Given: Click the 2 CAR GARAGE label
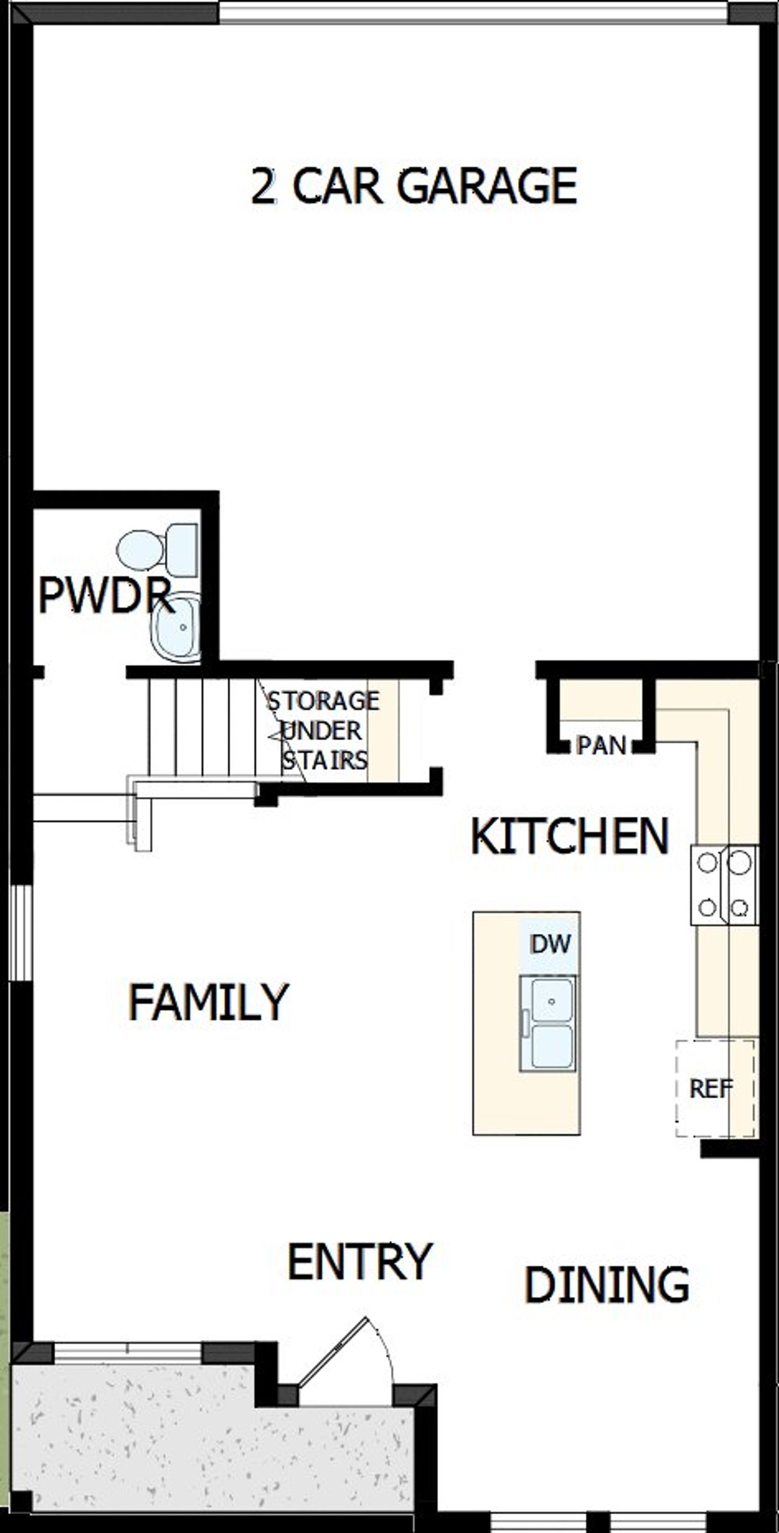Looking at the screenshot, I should pos(414,186).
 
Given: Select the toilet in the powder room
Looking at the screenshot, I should pos(157,550).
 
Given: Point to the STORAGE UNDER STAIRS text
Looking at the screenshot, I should pos(323,730).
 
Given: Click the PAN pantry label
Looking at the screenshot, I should pos(601,746).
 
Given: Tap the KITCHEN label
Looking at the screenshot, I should pos(570,837).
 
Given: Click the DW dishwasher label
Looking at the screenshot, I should pos(550,944).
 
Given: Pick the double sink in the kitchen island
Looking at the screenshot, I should pos(547,1024).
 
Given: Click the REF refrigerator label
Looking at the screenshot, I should pos(711,1089).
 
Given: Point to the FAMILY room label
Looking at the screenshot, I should pos(208,1002).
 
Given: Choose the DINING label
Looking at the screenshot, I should pos(607,1285).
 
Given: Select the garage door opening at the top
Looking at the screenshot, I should pos(473,12).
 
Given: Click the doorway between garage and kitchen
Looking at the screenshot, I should pos(494,669).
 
